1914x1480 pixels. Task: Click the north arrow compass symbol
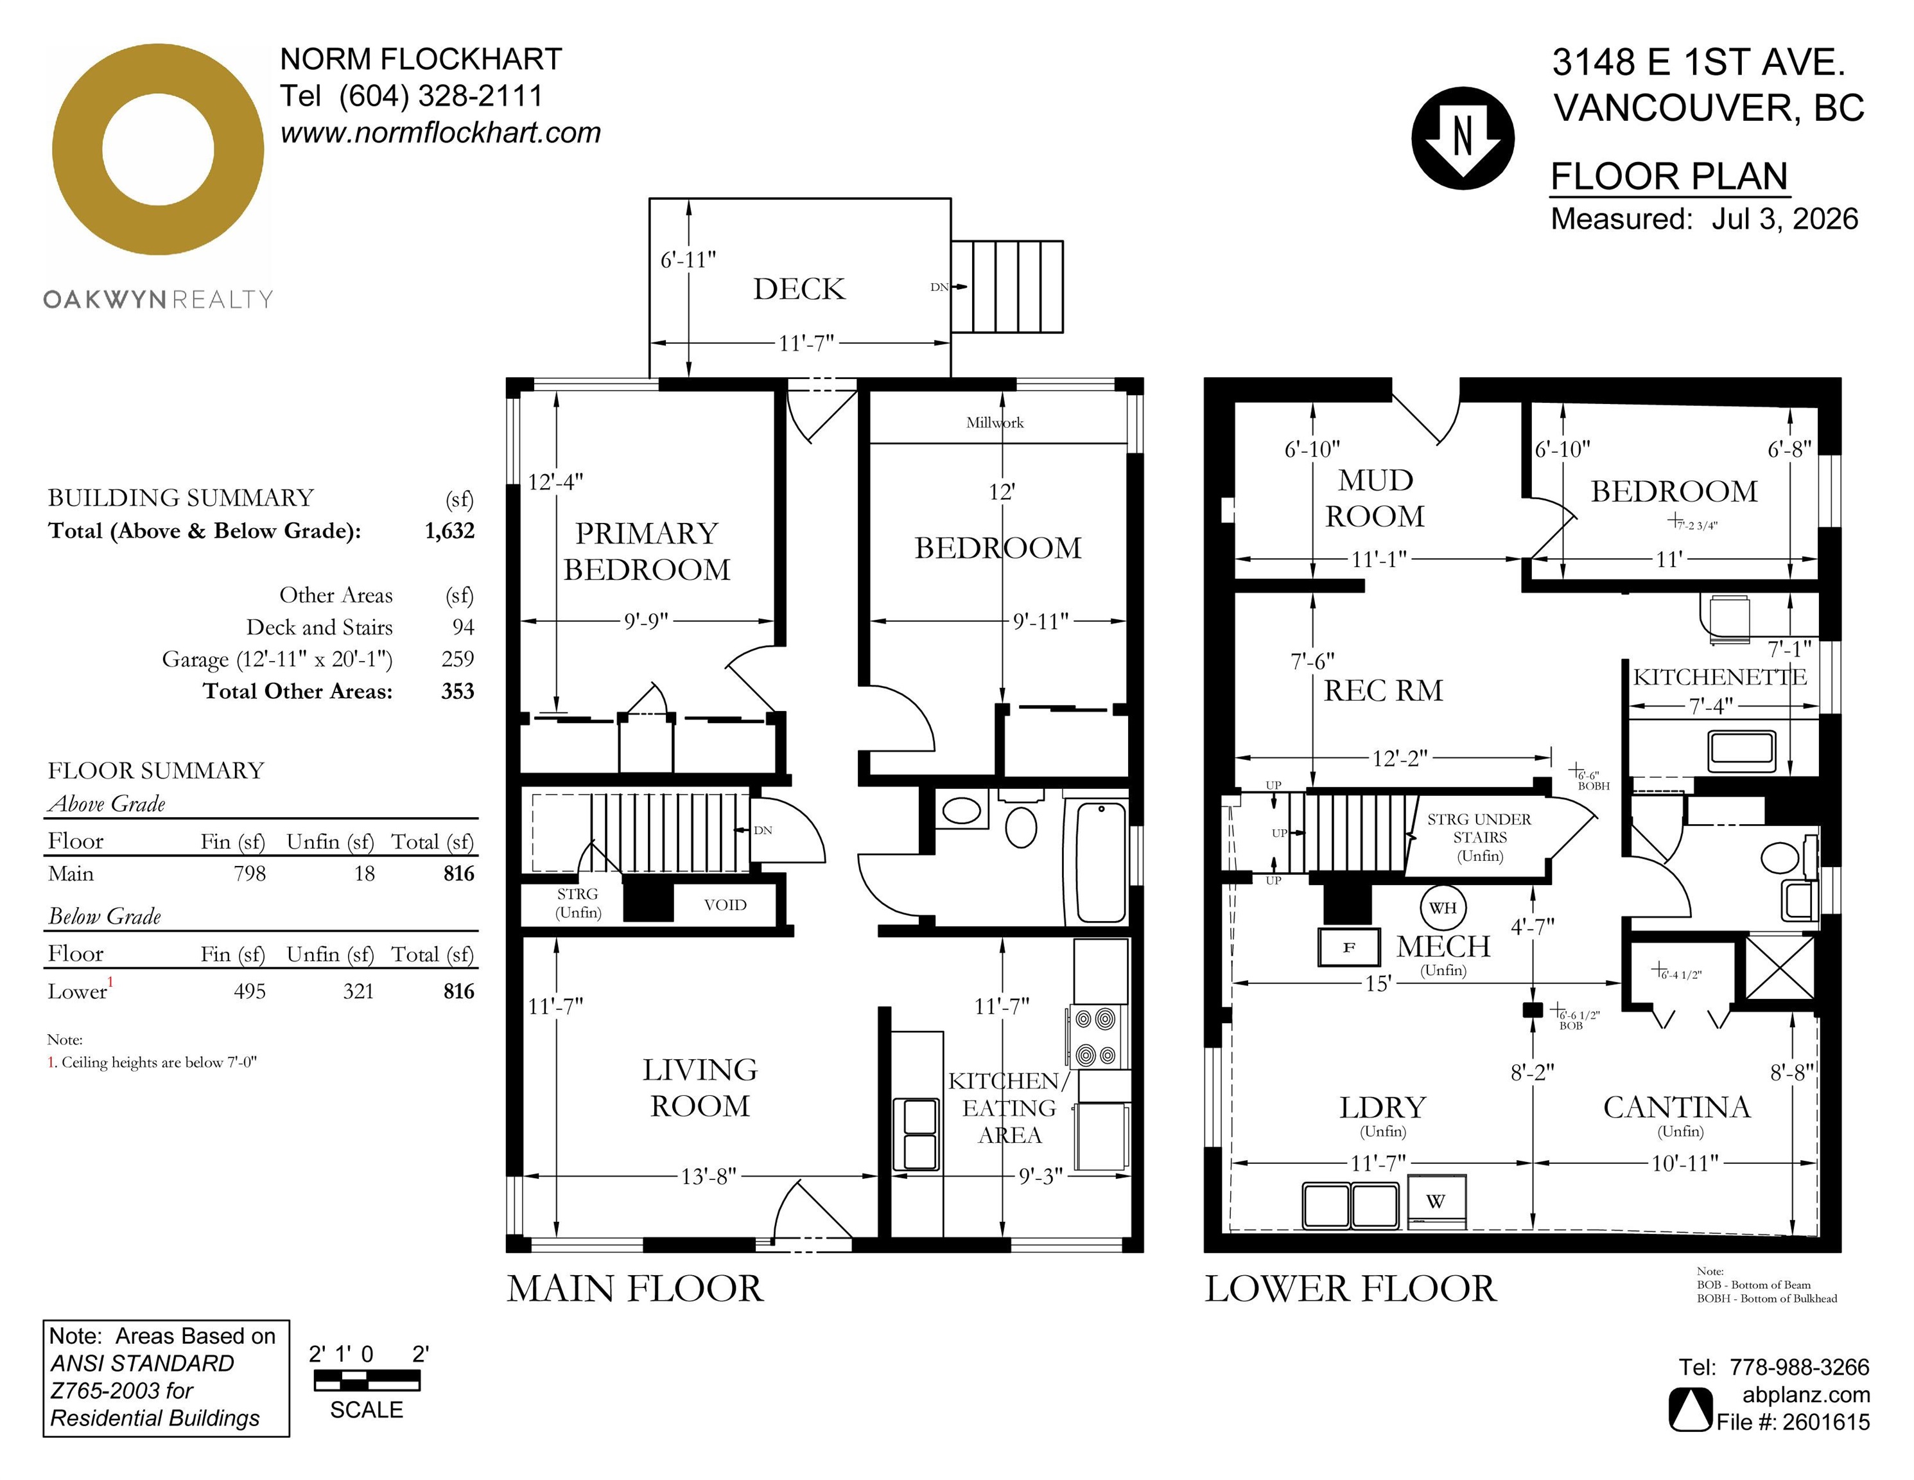click(x=1463, y=137)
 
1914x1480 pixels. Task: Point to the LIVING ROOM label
click(x=700, y=1088)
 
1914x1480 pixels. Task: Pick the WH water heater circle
click(x=1443, y=908)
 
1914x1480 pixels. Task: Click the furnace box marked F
click(x=1350, y=947)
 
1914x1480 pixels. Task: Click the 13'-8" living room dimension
click(x=708, y=1176)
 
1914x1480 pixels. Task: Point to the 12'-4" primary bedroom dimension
click(x=555, y=481)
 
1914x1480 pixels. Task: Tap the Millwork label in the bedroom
click(x=995, y=422)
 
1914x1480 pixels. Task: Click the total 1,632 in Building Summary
click(x=449, y=531)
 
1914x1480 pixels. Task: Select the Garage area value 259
click(x=457, y=658)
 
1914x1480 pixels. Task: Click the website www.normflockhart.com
click(x=441, y=132)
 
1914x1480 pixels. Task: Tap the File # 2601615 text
click(x=1793, y=1422)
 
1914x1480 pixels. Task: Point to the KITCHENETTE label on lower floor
click(x=1719, y=677)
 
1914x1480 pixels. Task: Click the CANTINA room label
click(x=1676, y=1107)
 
